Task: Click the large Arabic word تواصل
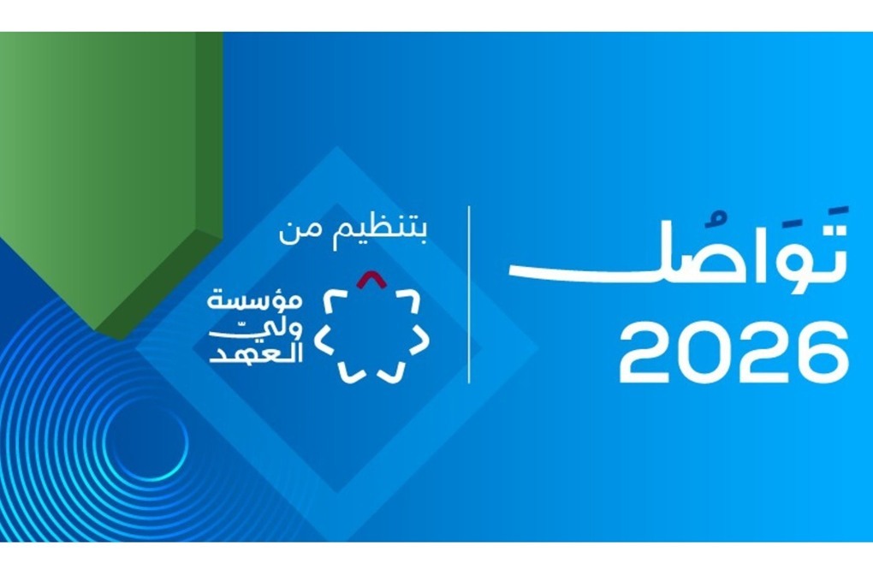678,251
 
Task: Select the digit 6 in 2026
821,352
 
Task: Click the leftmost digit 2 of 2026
646,352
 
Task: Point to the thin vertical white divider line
469,294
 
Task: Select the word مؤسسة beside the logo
255,301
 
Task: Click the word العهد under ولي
256,354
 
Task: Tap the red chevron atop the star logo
372,279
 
